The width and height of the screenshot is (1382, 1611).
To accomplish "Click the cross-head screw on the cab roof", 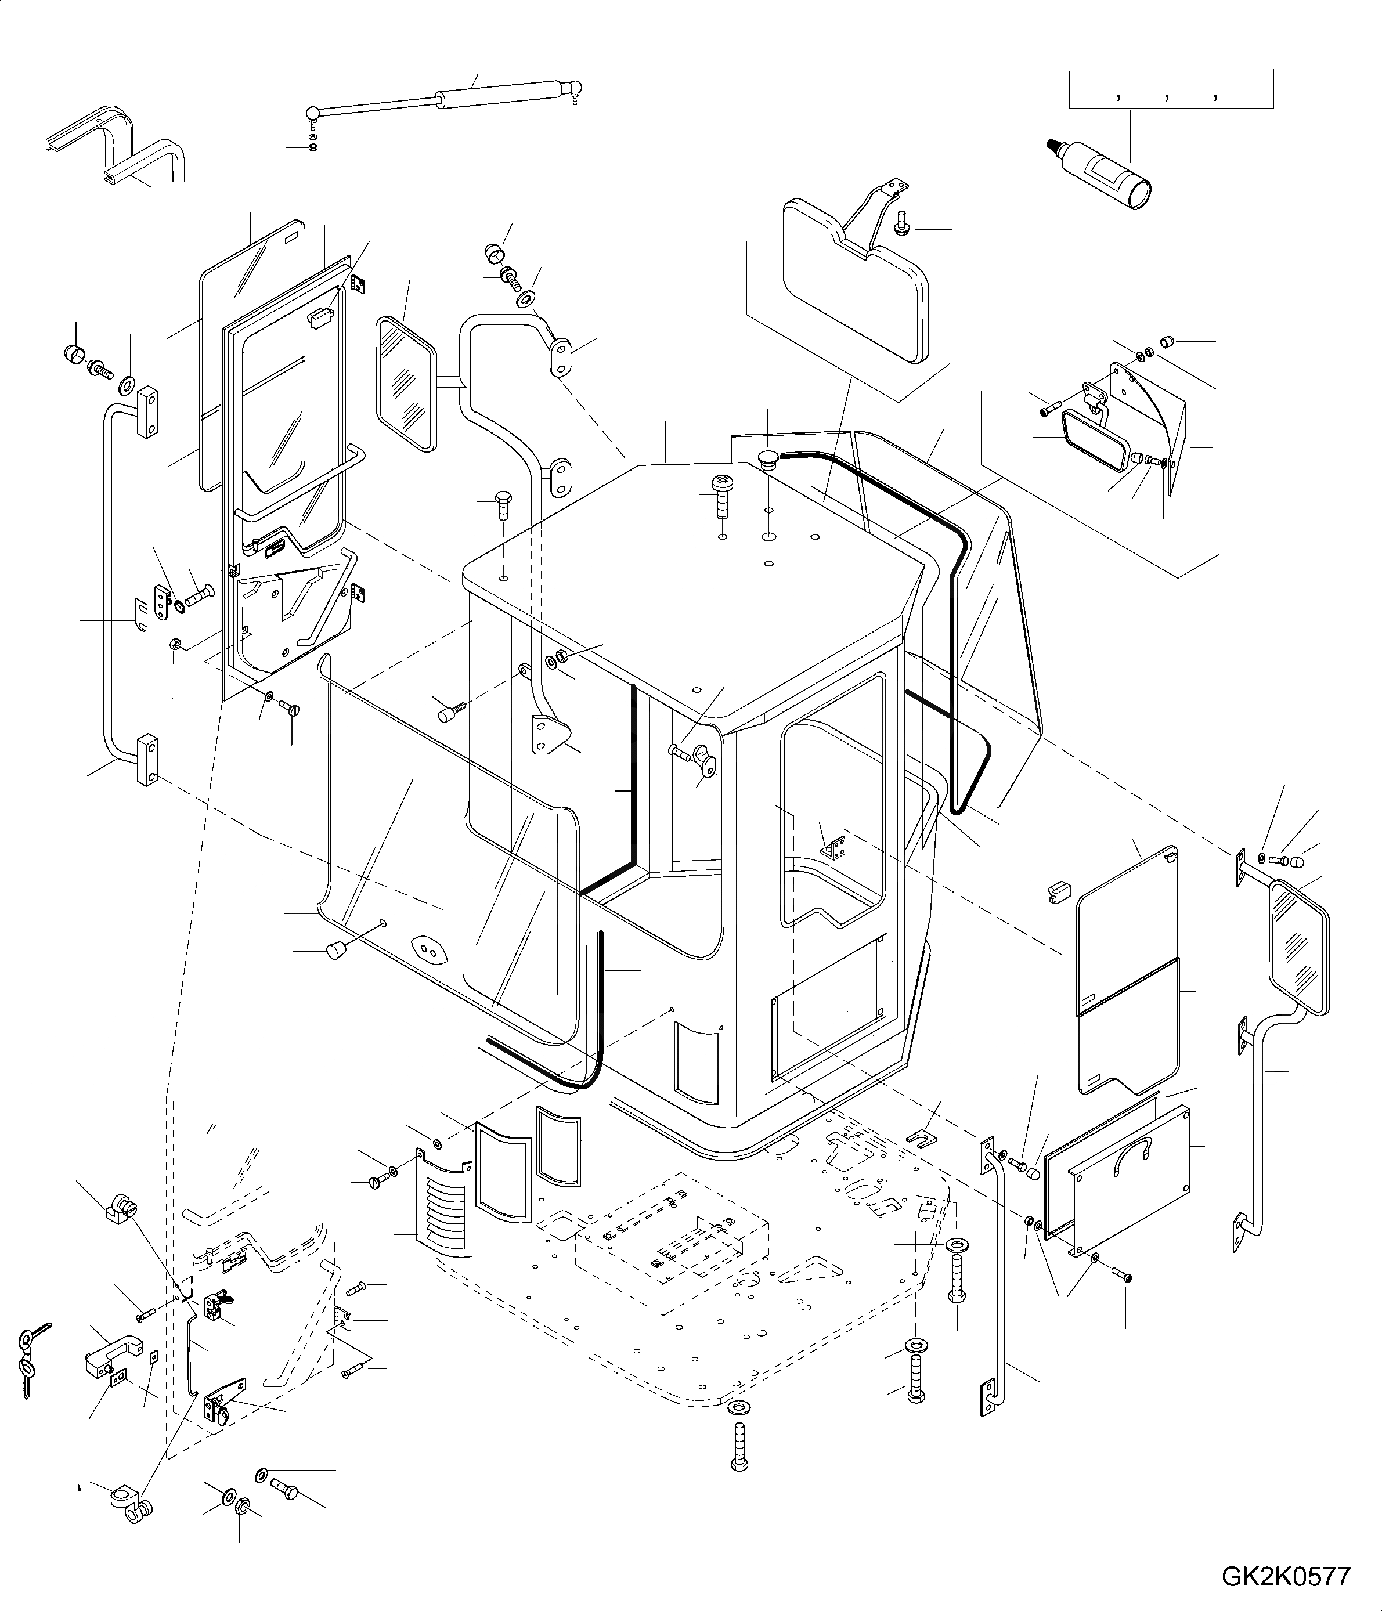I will [721, 492].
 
